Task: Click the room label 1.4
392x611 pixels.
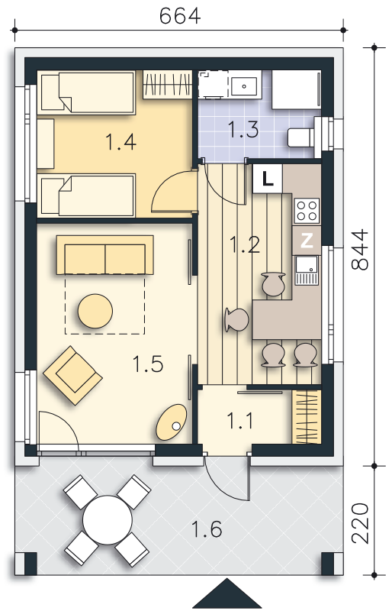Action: point(120,142)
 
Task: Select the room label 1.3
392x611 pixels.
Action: point(243,129)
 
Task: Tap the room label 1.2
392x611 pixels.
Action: point(245,245)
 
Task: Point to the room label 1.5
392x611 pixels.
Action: point(147,365)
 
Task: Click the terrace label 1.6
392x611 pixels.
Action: point(207,529)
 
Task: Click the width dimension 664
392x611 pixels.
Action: point(180,15)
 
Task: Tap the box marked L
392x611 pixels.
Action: point(266,179)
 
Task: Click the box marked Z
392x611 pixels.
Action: point(307,241)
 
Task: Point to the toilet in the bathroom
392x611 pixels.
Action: point(302,137)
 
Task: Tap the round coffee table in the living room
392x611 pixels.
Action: point(97,311)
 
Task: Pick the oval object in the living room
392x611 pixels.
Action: point(171,422)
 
